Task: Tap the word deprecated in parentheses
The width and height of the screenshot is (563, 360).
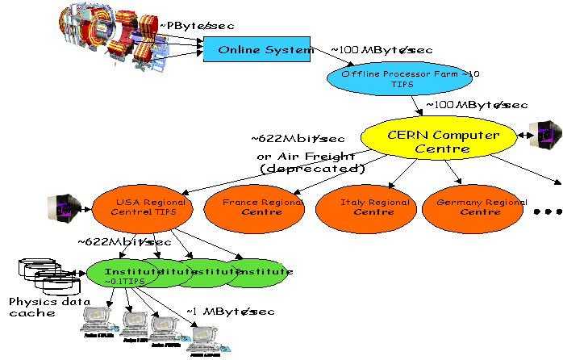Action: point(313,168)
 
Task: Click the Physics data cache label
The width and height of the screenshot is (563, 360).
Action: point(36,307)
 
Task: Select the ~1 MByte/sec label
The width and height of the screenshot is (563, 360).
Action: point(230,312)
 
